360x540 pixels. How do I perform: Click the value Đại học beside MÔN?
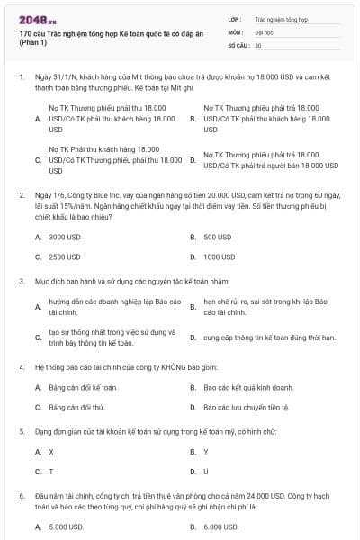click(x=264, y=31)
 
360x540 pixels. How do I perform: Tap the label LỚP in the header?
click(x=235, y=18)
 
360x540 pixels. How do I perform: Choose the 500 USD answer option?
click(x=217, y=237)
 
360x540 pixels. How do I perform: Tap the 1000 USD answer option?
click(x=219, y=256)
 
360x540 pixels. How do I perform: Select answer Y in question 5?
click(x=206, y=451)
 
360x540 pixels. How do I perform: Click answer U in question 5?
click(x=206, y=471)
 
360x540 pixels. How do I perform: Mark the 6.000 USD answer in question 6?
click(x=220, y=526)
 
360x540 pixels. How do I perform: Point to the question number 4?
click(x=21, y=367)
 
